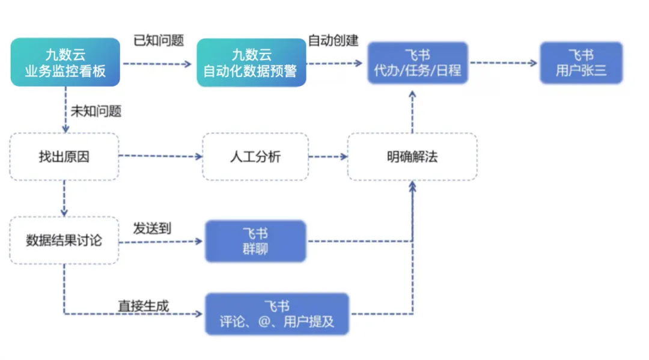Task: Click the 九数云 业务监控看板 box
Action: coord(65,62)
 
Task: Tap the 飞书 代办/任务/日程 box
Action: coord(418,63)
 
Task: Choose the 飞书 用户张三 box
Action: coord(580,63)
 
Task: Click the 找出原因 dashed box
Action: coord(64,157)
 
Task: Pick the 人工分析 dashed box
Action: coord(255,157)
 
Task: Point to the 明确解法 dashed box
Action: coord(412,157)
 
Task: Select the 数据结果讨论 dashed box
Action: coord(64,240)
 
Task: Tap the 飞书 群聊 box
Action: coord(255,241)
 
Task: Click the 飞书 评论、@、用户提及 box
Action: coord(276,314)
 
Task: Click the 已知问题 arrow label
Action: coord(159,41)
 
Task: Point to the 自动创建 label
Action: coord(333,41)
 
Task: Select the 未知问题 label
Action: coord(96,111)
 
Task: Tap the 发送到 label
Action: coord(152,228)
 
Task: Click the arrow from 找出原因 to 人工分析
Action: coord(161,157)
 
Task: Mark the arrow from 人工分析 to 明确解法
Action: coord(328,157)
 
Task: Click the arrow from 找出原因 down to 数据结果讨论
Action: coord(64,198)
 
